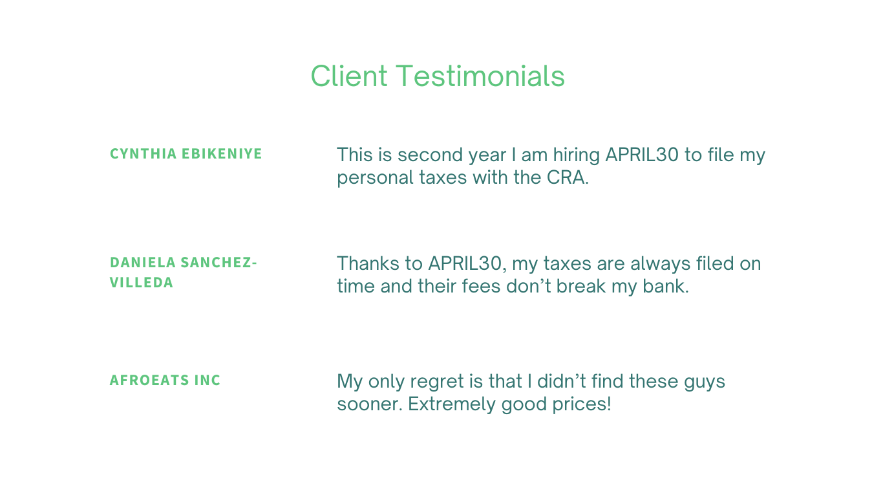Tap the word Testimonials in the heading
pyautogui.click(x=480, y=76)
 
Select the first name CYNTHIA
pyautogui.click(x=143, y=153)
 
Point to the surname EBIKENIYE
pyautogui.click(x=222, y=153)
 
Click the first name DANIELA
pyautogui.click(x=143, y=263)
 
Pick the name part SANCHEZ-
pyautogui.click(x=218, y=263)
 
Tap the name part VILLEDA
pyautogui.click(x=142, y=283)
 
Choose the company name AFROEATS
pyautogui.click(x=149, y=380)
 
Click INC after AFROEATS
pyautogui.click(x=207, y=380)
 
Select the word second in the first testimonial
pyautogui.click(x=432, y=155)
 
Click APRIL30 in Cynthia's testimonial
pyautogui.click(x=642, y=155)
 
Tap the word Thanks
pyautogui.click(x=368, y=263)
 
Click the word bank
pyautogui.click(x=666, y=286)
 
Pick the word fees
pyautogui.click(x=481, y=286)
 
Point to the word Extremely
pyautogui.click(x=451, y=404)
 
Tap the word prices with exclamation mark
pyautogui.click(x=582, y=404)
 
